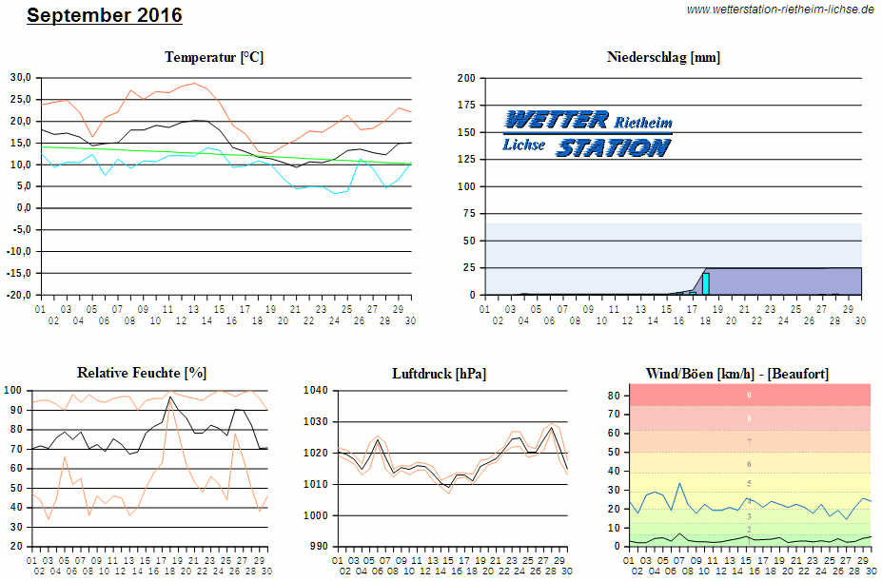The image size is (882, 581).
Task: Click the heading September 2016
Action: click(x=105, y=16)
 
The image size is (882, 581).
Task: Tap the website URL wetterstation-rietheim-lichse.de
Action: click(x=780, y=10)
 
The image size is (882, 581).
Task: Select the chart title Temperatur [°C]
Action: click(x=214, y=57)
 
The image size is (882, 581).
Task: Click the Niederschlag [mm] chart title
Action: click(x=663, y=57)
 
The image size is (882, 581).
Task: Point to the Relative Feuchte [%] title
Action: click(x=142, y=373)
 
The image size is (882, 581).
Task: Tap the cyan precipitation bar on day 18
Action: click(x=706, y=283)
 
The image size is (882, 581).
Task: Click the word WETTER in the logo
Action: click(x=556, y=120)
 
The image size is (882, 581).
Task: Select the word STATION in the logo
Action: click(x=613, y=147)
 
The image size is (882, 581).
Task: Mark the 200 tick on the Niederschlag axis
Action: click(x=466, y=78)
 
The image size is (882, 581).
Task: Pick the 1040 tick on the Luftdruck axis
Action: click(x=315, y=391)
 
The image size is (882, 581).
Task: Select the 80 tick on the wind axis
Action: click(x=614, y=396)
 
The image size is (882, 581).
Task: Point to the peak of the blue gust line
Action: click(x=679, y=483)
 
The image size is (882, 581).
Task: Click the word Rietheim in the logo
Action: click(x=643, y=123)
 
